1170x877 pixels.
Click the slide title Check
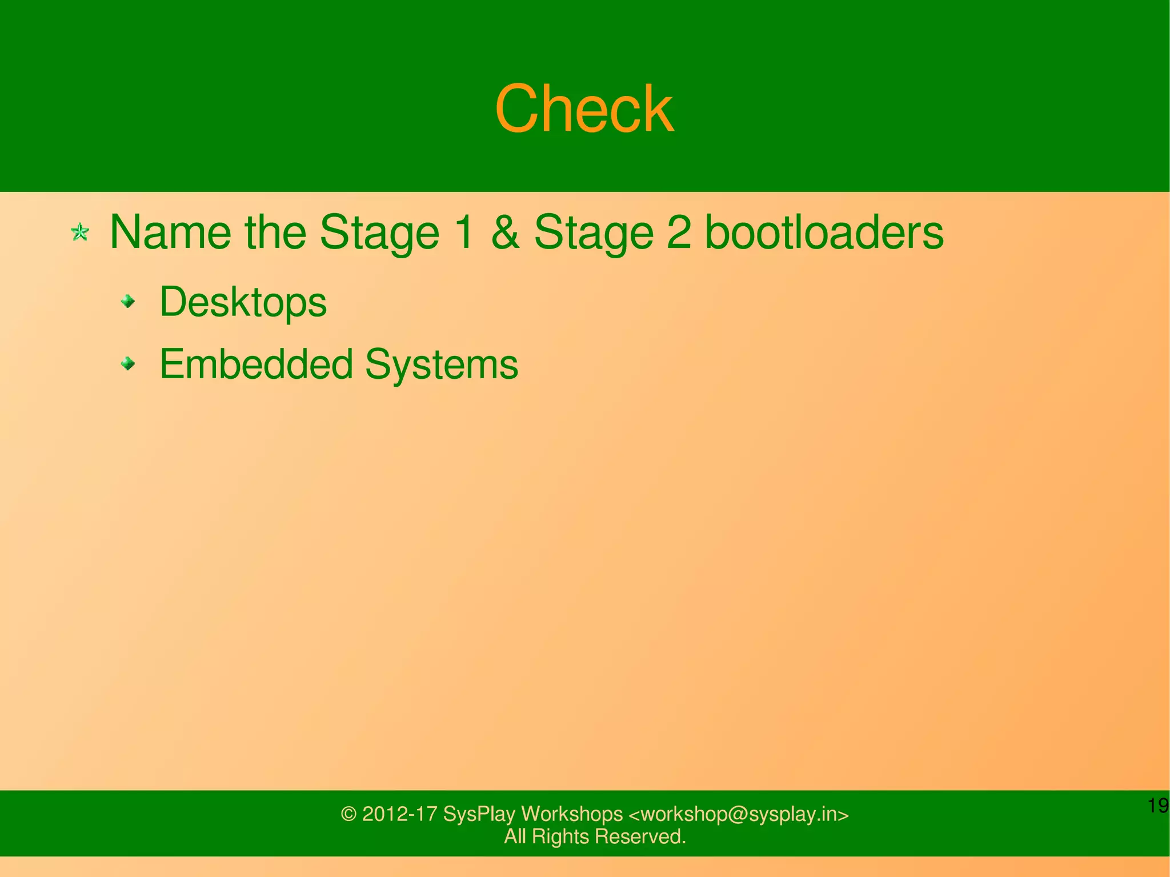click(584, 109)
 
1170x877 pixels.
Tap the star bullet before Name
click(80, 233)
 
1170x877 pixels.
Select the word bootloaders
click(824, 232)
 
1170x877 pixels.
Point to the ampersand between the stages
click(505, 232)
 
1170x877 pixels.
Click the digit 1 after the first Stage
click(466, 232)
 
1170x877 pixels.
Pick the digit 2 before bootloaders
click(679, 232)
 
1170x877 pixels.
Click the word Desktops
click(243, 302)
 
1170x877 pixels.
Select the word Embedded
click(256, 364)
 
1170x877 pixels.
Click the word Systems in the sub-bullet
click(442, 364)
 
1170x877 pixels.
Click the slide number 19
click(1158, 806)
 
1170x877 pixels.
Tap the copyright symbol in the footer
click(348, 814)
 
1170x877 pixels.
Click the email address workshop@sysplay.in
click(739, 814)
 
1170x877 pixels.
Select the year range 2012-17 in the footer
click(400, 814)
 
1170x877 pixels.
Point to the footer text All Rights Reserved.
click(595, 836)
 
